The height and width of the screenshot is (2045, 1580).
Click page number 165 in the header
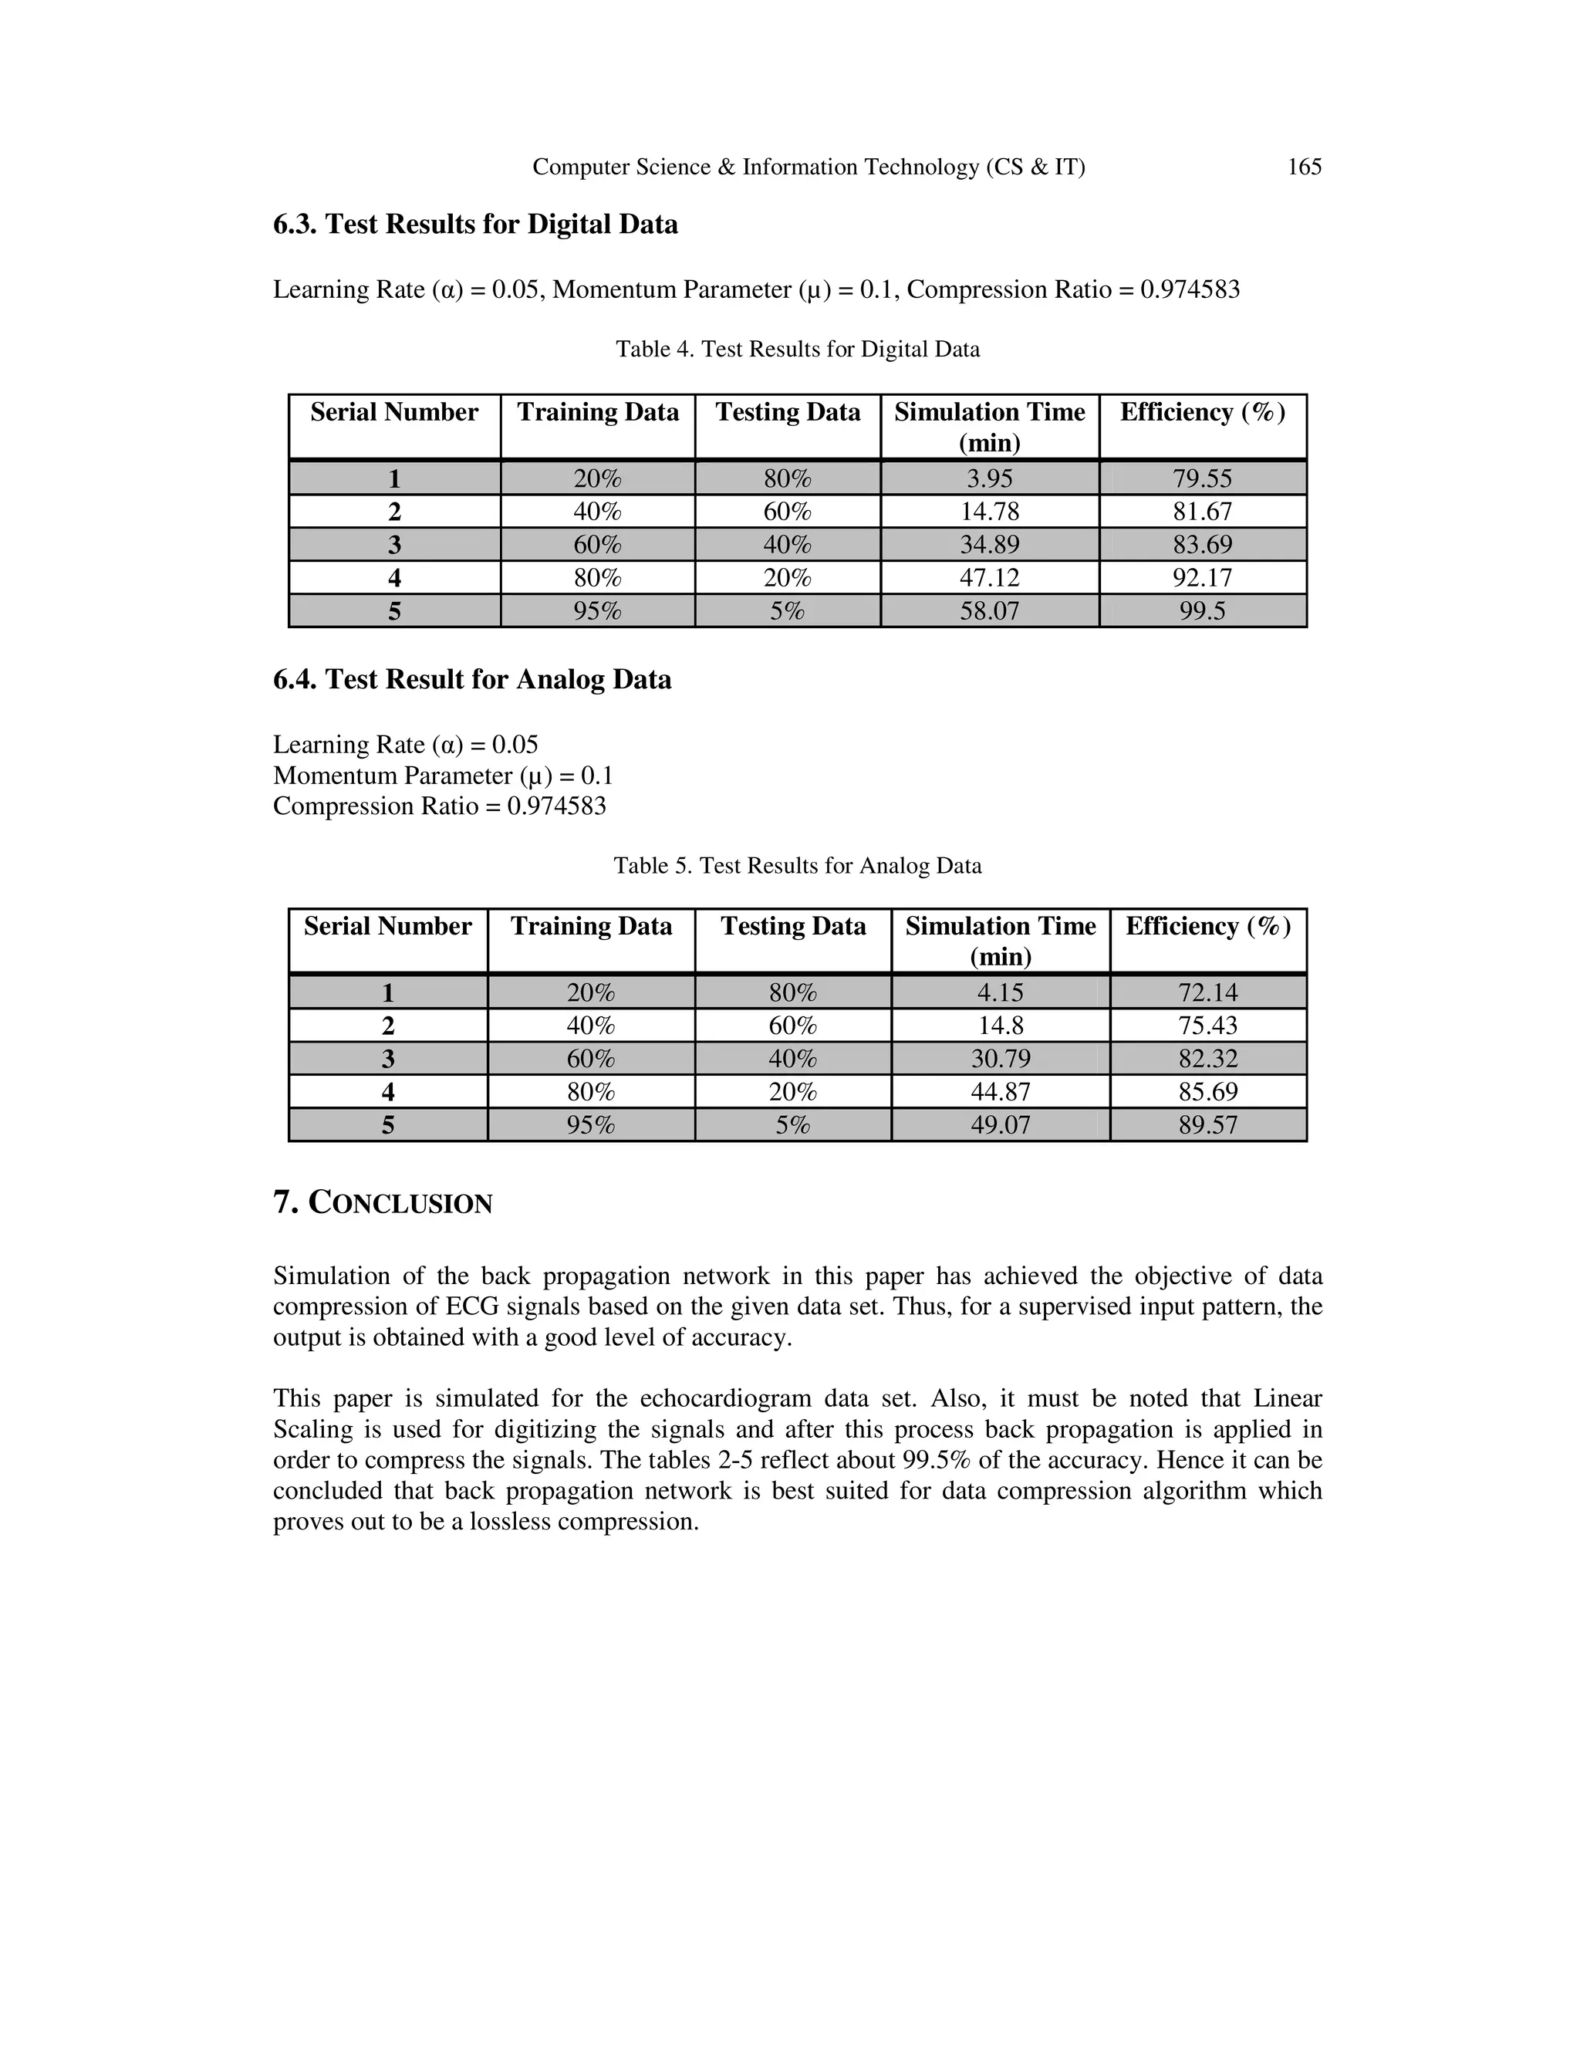coord(1304,167)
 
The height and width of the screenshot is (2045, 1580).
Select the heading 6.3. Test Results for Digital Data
coord(475,225)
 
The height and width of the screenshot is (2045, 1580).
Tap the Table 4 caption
coord(798,350)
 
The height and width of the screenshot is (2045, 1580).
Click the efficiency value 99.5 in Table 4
coord(1202,610)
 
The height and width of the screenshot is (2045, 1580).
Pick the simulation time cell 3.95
coord(989,478)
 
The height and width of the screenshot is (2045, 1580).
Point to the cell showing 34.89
coord(989,544)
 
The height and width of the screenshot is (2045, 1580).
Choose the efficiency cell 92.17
coord(1202,576)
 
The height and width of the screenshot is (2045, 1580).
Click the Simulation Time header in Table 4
coord(989,426)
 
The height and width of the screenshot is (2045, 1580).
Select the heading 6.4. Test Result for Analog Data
coord(471,680)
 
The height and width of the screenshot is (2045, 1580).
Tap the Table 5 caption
coord(798,865)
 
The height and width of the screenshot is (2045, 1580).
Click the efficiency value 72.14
coord(1207,992)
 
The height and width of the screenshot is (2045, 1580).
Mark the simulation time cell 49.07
coord(1000,1124)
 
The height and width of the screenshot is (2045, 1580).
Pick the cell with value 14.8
coord(1000,1026)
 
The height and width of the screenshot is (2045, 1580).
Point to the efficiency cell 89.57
coord(1207,1124)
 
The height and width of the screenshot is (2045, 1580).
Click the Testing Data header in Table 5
coord(793,926)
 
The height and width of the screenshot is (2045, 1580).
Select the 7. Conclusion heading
coord(383,1202)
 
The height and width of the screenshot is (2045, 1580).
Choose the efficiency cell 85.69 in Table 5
coord(1207,1092)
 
